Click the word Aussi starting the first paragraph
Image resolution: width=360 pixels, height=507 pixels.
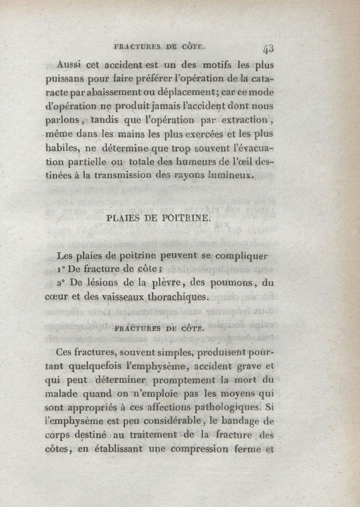(73, 64)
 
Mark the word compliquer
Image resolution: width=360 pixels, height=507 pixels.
(241, 256)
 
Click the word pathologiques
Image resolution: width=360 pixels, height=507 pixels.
(225, 409)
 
